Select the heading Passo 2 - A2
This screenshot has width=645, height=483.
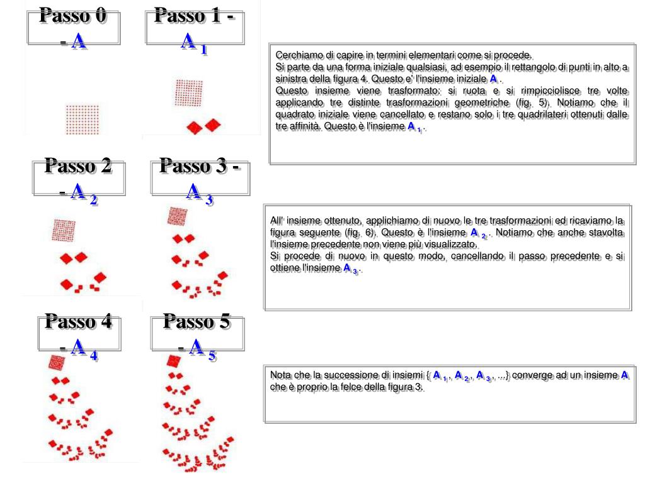pos(79,179)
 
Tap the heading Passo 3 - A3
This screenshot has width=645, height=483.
pos(200,179)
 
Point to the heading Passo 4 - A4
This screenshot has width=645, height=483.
pos(79,335)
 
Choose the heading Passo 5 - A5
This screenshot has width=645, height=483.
pos(198,335)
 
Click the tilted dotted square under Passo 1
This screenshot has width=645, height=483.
pos(188,92)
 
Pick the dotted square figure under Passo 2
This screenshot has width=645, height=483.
pos(64,230)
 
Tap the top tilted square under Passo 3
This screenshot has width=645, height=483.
pos(177,216)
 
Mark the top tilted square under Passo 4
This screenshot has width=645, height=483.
pos(56,362)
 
